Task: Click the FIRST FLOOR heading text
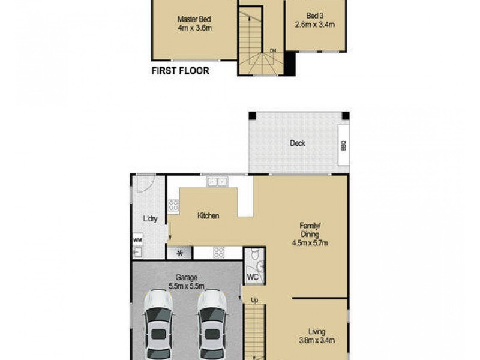(181, 71)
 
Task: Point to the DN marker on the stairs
(273, 50)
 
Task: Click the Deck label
(298, 143)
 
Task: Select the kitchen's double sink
(217, 181)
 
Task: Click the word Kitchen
(208, 216)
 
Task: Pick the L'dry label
(149, 219)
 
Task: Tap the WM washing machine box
(137, 239)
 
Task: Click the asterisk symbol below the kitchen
(179, 253)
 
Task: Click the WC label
(253, 277)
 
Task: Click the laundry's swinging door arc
(145, 183)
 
